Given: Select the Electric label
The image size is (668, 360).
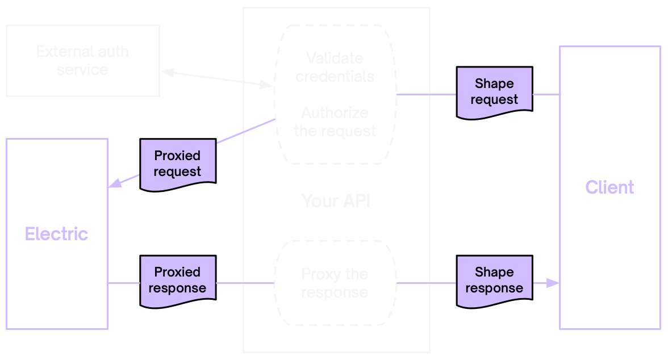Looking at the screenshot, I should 57,234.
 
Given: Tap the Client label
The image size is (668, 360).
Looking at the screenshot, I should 609,187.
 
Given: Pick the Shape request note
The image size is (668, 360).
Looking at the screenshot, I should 494,91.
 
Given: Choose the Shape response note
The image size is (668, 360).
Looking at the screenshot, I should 494,280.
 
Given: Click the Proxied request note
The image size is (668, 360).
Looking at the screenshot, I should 177,164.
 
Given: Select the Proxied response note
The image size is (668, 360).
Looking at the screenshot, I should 177,280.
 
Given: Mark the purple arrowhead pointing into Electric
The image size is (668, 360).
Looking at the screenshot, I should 115,183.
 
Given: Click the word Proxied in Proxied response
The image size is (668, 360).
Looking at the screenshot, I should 177,272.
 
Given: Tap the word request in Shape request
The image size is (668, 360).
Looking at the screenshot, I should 494,99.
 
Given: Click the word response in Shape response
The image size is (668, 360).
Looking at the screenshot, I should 494,288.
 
